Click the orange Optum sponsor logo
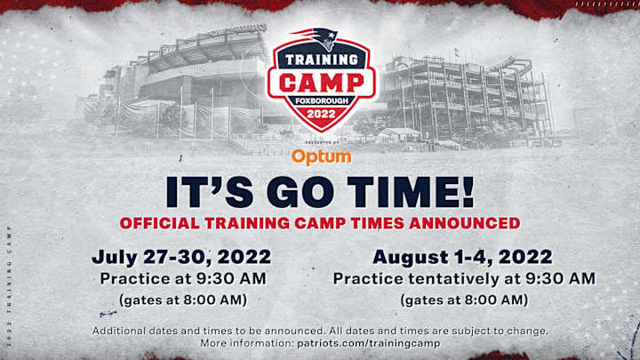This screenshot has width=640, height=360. pos(321,156)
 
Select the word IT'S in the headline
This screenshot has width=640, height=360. pos(201,191)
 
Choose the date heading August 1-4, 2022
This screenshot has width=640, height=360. pos(463,258)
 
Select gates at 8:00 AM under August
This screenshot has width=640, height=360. pos(463,300)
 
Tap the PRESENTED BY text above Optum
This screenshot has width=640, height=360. pos(321,142)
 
